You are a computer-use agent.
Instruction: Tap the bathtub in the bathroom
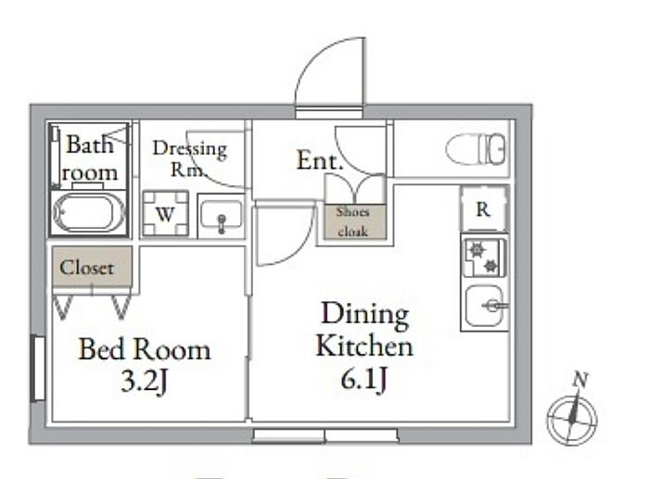pyautogui.click(x=89, y=212)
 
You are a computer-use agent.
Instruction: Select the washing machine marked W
pyautogui.click(x=165, y=214)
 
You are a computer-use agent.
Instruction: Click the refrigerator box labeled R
pyautogui.click(x=483, y=210)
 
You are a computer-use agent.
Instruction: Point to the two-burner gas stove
pyautogui.click(x=483, y=258)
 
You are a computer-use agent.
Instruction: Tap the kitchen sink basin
pyautogui.click(x=483, y=306)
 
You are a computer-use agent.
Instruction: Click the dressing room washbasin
pyautogui.click(x=221, y=217)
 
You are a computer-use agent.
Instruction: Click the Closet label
pyautogui.click(x=87, y=268)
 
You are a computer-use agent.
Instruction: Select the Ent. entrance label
pyautogui.click(x=320, y=160)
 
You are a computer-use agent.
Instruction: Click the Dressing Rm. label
pyautogui.click(x=189, y=158)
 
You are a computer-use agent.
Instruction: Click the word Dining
pyautogui.click(x=364, y=315)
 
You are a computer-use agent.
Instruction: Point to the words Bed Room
pyautogui.click(x=144, y=349)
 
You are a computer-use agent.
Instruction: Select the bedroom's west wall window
pyautogui.click(x=38, y=369)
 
